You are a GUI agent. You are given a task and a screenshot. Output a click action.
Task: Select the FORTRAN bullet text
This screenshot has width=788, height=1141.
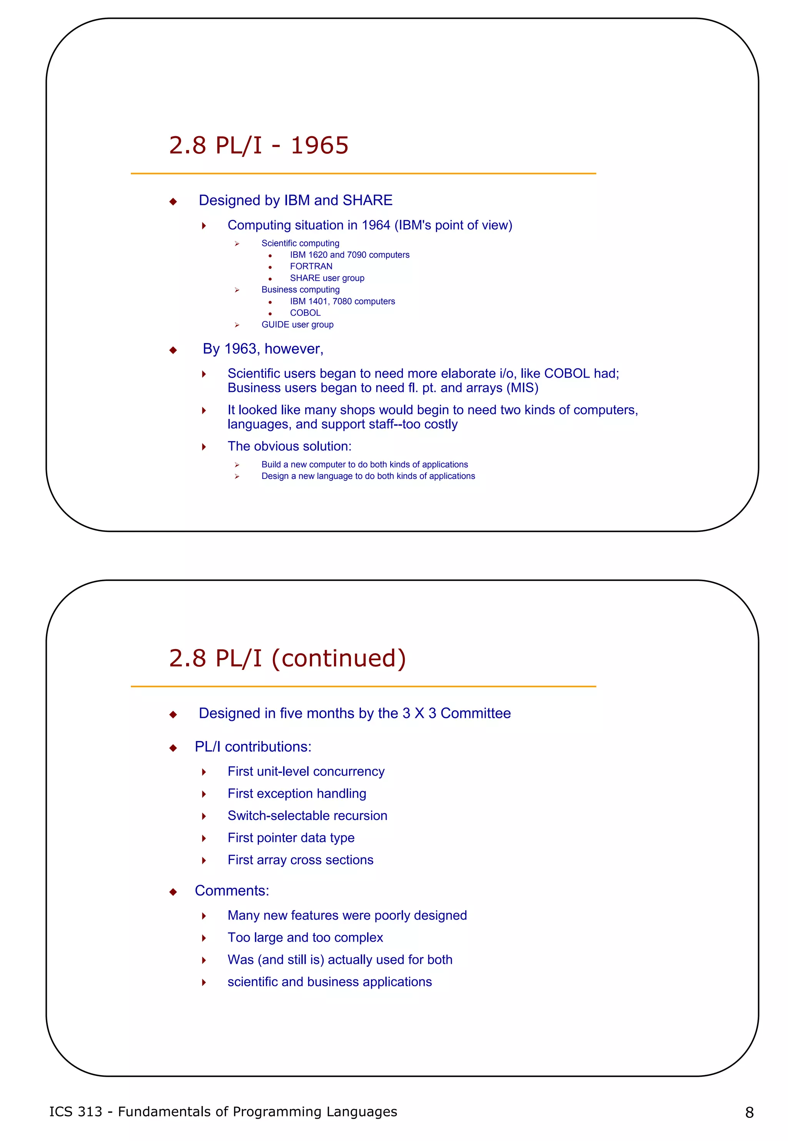(x=311, y=266)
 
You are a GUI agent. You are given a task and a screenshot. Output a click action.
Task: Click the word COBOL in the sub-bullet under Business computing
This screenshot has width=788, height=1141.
(x=305, y=313)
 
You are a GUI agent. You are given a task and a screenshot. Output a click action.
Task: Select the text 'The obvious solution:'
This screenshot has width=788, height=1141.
(x=289, y=446)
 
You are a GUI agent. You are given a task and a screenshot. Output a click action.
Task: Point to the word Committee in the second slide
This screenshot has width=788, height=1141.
(x=476, y=713)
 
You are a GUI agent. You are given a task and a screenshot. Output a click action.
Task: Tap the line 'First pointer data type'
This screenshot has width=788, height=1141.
(x=291, y=838)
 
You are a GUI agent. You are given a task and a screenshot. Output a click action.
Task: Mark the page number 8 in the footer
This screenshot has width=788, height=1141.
(x=749, y=1113)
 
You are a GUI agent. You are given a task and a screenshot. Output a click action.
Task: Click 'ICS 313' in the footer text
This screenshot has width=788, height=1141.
(x=75, y=1111)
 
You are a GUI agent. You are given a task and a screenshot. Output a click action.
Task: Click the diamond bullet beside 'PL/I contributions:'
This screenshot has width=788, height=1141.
(x=173, y=748)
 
